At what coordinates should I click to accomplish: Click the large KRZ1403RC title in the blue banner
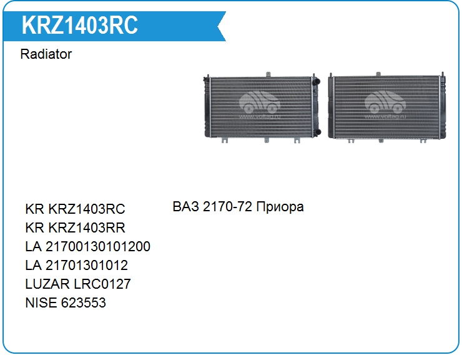point(79,25)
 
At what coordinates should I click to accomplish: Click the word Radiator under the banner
point(46,54)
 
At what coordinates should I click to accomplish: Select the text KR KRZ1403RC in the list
point(75,209)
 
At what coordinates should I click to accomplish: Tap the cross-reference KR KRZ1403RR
point(75,227)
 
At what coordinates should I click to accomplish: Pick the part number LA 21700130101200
point(88,246)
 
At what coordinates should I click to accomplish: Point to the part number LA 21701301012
point(77,265)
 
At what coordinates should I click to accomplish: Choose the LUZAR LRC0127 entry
point(78,284)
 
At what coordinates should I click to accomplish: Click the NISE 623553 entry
point(66,302)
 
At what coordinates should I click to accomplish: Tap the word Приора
point(280,207)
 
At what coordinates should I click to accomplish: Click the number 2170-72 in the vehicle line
point(227,206)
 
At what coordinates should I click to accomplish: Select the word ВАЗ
point(186,206)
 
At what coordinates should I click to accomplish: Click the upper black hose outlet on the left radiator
point(316,81)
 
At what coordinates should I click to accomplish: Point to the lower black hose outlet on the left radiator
point(317,132)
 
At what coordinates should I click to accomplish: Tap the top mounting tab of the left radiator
point(268,74)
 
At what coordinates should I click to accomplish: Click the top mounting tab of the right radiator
point(378,74)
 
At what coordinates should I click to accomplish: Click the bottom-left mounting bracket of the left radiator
point(225,141)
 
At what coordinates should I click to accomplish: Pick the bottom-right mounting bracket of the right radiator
point(423,141)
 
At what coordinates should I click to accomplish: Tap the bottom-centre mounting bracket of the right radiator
point(381,141)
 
